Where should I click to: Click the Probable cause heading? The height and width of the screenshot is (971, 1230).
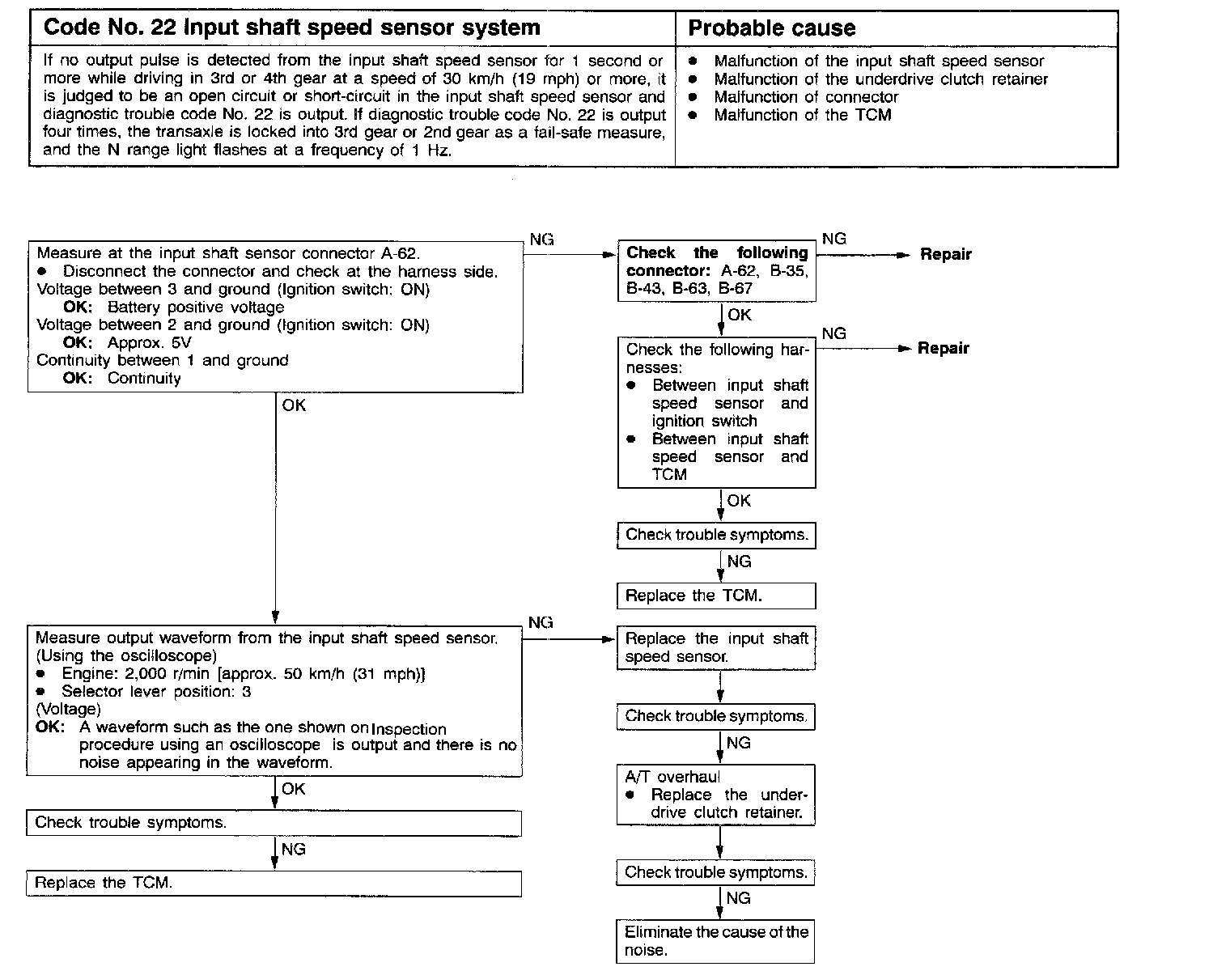click(x=771, y=28)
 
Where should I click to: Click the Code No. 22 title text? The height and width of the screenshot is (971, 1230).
click(x=291, y=28)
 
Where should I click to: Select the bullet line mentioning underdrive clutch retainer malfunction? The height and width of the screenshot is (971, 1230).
click(x=880, y=79)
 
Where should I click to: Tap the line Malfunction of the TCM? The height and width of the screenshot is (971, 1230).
click(x=802, y=115)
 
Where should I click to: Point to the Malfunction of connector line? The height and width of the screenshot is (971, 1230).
click(x=806, y=97)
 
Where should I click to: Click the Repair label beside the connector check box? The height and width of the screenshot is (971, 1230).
click(x=945, y=254)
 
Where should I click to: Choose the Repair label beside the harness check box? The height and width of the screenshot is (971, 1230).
click(x=943, y=349)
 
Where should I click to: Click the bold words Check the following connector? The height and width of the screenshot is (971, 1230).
click(x=717, y=261)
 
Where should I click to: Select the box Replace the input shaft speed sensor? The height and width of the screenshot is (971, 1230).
click(x=716, y=647)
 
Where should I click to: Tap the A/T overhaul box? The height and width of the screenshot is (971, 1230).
click(x=716, y=795)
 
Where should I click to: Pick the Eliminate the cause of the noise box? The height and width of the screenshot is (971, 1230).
click(x=716, y=941)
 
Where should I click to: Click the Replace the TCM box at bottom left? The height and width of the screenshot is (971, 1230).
click(x=274, y=883)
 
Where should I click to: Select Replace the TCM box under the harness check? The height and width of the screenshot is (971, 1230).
click(x=716, y=596)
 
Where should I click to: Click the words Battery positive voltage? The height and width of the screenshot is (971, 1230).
click(x=195, y=307)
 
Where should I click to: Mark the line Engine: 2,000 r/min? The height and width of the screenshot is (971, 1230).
click(x=243, y=674)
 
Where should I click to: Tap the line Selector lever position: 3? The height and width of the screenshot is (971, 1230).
click(x=156, y=692)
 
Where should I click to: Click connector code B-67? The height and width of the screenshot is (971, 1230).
click(x=736, y=288)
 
